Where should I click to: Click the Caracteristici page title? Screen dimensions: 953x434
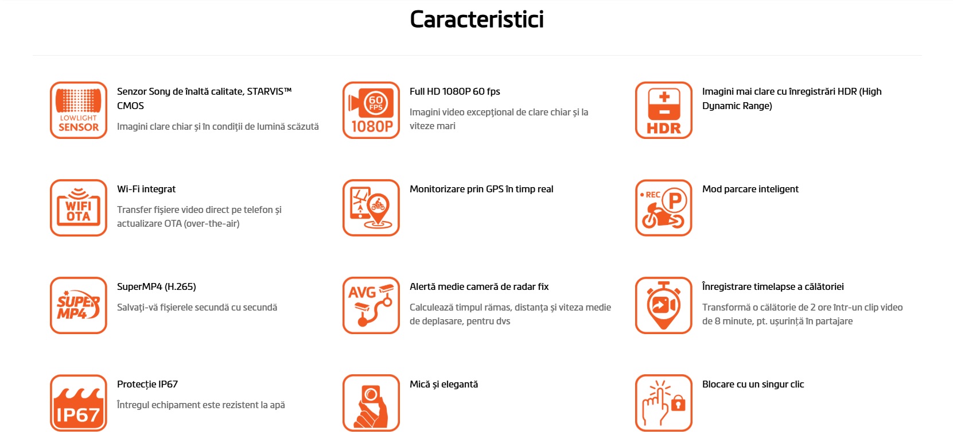pyautogui.click(x=476, y=20)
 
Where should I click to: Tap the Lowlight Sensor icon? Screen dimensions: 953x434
pyautogui.click(x=78, y=110)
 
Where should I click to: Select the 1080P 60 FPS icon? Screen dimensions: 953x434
pyautogui.click(x=371, y=110)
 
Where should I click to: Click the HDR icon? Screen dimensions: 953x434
pyautogui.click(x=664, y=110)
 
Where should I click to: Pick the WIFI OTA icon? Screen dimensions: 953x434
pyautogui.click(x=78, y=208)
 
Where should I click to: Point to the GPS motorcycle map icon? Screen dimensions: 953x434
pyautogui.click(x=371, y=208)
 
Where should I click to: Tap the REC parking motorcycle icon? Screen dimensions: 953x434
pyautogui.click(x=664, y=208)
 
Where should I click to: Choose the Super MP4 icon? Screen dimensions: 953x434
pyautogui.click(x=78, y=305)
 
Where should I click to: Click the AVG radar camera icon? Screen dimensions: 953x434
pyautogui.click(x=371, y=305)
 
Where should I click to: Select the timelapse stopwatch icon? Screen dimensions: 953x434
pyautogui.click(x=664, y=305)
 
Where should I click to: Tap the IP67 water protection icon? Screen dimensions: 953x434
pyautogui.click(x=78, y=403)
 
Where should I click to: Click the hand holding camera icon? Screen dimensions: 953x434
pyautogui.click(x=371, y=403)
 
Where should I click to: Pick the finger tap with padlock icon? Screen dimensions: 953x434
pyautogui.click(x=664, y=403)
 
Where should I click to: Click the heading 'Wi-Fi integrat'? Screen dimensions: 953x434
pyautogui.click(x=146, y=189)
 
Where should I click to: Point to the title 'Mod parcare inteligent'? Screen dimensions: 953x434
pyautogui.click(x=750, y=189)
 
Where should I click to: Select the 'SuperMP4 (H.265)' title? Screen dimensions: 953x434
pyautogui.click(x=156, y=287)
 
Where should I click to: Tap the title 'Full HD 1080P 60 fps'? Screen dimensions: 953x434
pyautogui.click(x=454, y=91)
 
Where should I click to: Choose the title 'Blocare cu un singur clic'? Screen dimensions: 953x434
pyautogui.click(x=753, y=384)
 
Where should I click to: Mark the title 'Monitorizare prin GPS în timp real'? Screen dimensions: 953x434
pyautogui.click(x=481, y=189)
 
